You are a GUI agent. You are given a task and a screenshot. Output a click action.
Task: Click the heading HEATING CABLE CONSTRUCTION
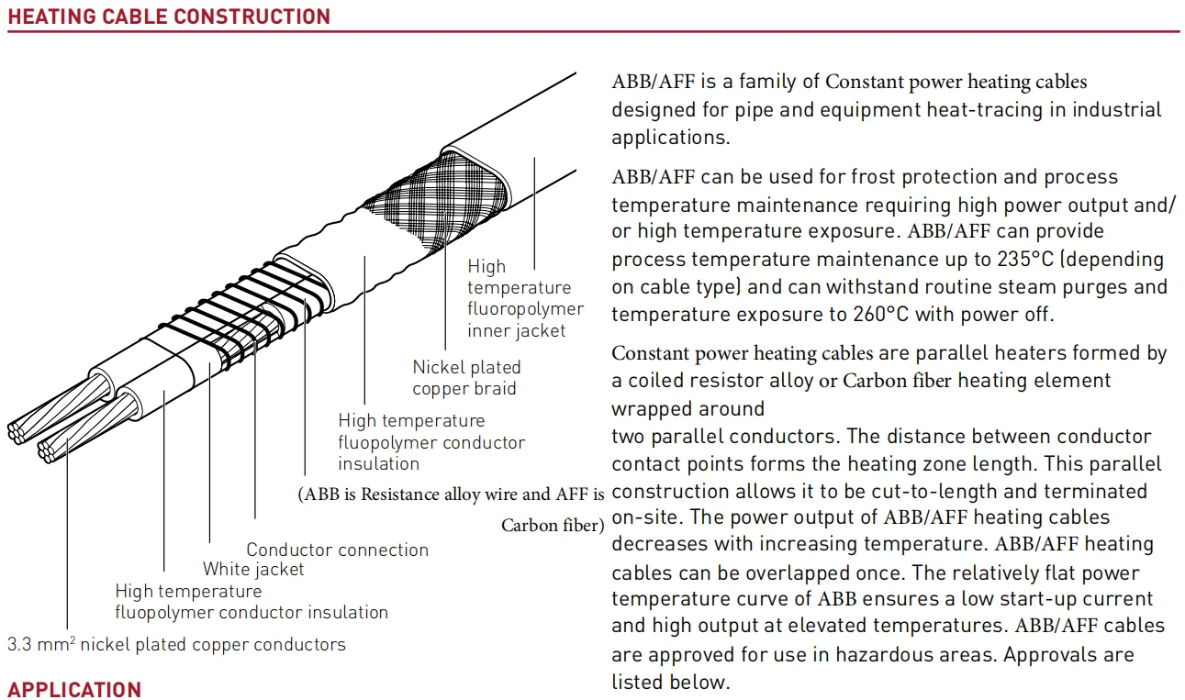click(x=169, y=17)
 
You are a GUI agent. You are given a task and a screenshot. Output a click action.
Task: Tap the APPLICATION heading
click(x=74, y=689)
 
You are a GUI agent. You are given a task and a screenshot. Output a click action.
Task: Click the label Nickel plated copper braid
click(x=466, y=378)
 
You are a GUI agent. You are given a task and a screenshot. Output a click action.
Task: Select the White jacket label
click(x=253, y=569)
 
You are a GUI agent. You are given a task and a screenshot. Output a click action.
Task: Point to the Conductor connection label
click(x=337, y=550)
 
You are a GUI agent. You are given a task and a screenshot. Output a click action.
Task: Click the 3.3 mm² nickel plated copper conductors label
click(x=176, y=644)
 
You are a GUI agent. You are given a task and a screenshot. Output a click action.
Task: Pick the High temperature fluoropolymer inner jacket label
click(x=524, y=298)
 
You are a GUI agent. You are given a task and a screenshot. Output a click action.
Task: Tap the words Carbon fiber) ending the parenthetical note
click(x=553, y=526)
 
